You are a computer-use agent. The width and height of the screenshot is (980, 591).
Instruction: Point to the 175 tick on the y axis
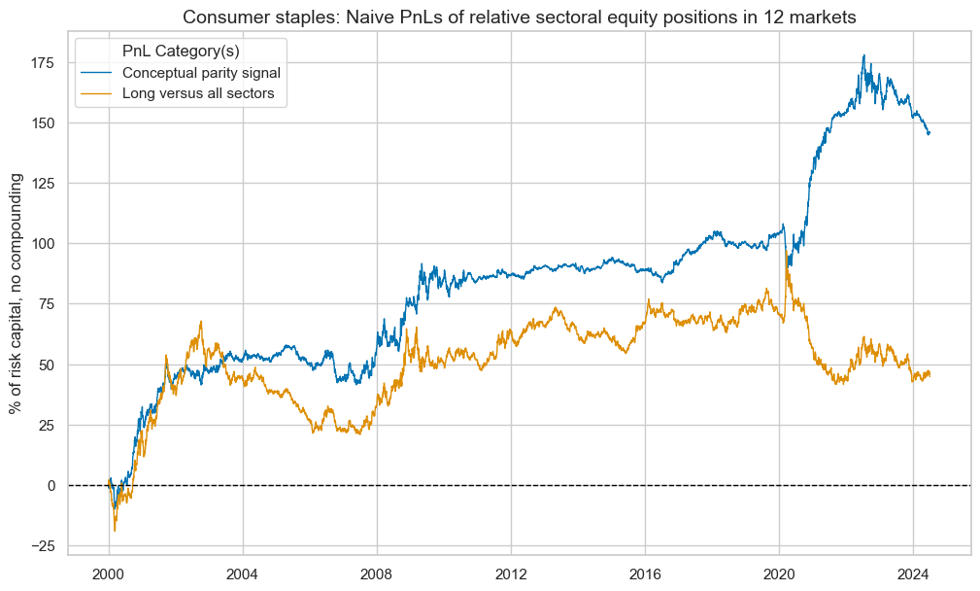[x=45, y=62]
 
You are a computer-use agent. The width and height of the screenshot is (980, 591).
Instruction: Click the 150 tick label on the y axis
[x=45, y=123]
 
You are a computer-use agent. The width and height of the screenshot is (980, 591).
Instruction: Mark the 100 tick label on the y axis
[x=45, y=244]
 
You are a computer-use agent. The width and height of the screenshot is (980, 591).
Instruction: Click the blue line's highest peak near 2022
[x=864, y=55]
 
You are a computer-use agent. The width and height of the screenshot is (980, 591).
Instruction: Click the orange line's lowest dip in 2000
[x=115, y=531]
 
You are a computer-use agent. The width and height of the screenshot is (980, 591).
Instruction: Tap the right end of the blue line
[x=929, y=133]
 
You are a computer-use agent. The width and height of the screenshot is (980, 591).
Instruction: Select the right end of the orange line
[x=929, y=373]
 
